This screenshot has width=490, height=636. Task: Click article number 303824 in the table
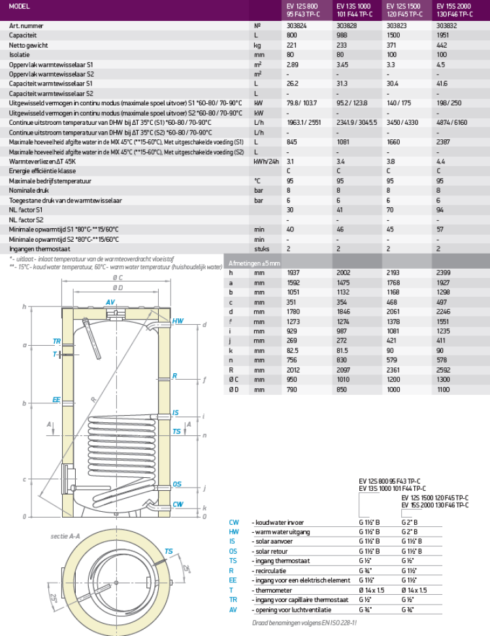click(297, 25)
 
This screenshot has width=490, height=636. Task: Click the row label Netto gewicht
click(27, 44)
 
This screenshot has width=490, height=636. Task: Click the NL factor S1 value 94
click(440, 210)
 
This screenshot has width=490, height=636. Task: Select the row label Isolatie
click(19, 54)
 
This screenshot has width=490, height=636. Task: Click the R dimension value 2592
click(443, 369)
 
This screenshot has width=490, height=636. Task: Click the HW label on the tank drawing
click(178, 322)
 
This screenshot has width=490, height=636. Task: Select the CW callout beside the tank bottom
click(178, 504)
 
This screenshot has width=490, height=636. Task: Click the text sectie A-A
click(65, 536)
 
